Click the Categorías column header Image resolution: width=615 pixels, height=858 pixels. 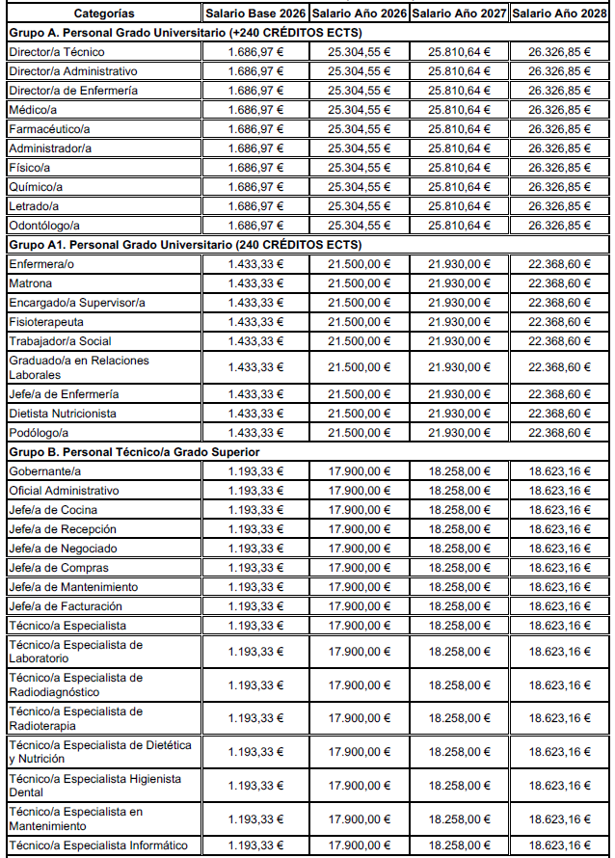coord(104,14)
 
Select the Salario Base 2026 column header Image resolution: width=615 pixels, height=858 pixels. coord(255,14)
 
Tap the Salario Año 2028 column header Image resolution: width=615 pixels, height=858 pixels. coord(560,14)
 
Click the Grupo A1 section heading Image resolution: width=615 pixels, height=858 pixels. coord(184,244)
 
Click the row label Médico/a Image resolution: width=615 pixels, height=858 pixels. coord(32,110)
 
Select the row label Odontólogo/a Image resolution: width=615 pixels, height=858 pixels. coord(43,226)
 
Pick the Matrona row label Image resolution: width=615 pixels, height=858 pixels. coord(30,283)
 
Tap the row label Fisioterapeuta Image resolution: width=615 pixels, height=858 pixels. coord(46,322)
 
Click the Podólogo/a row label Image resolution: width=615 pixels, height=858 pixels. coord(39,433)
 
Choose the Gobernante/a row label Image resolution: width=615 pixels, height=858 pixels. coord(44,471)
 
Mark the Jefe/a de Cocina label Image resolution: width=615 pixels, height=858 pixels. coord(53,510)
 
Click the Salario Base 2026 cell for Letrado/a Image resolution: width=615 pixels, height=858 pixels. coord(255,206)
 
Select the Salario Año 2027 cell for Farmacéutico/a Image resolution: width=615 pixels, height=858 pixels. coord(459,129)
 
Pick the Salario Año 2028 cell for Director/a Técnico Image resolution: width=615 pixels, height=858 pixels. coord(560,52)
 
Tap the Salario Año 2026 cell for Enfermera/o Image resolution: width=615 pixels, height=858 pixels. coord(359,264)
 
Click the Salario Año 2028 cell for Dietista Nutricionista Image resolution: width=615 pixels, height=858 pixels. coord(560,414)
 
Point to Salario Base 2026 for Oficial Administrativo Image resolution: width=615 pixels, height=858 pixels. coord(255,491)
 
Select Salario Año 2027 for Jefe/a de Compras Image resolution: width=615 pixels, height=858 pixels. coord(459,568)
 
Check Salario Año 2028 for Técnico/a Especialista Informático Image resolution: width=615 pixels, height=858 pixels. coord(560,845)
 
